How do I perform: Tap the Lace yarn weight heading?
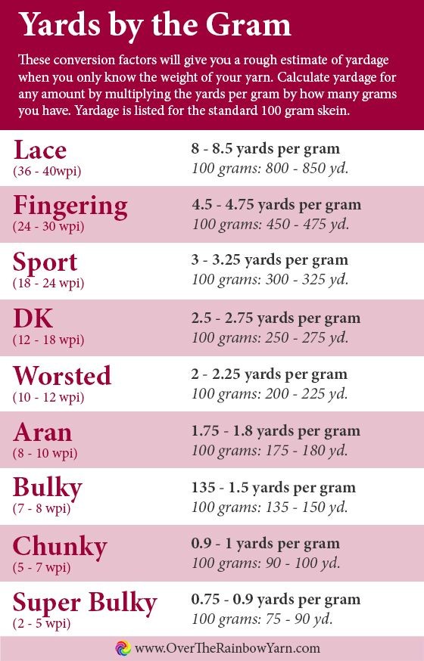click(x=39, y=150)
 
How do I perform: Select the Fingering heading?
click(x=70, y=207)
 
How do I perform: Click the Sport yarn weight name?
click(x=45, y=263)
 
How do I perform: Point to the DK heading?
click(x=33, y=318)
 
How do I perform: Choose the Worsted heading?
click(x=62, y=375)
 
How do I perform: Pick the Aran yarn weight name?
click(x=42, y=432)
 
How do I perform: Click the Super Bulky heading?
click(x=85, y=604)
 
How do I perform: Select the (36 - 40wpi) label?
click(x=47, y=171)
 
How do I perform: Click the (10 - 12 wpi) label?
click(x=48, y=397)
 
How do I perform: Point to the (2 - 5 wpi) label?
click(x=42, y=623)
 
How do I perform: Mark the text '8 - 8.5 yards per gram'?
click(x=265, y=149)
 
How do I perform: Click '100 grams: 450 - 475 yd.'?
click(x=270, y=223)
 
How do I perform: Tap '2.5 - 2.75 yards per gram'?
click(x=276, y=318)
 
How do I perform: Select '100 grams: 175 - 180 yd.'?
click(x=270, y=450)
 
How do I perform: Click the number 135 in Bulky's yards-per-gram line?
click(x=204, y=487)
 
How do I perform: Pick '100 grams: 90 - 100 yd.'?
click(x=266, y=563)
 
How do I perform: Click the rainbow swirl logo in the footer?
click(x=123, y=647)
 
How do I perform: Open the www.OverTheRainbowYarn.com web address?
click(x=227, y=647)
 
